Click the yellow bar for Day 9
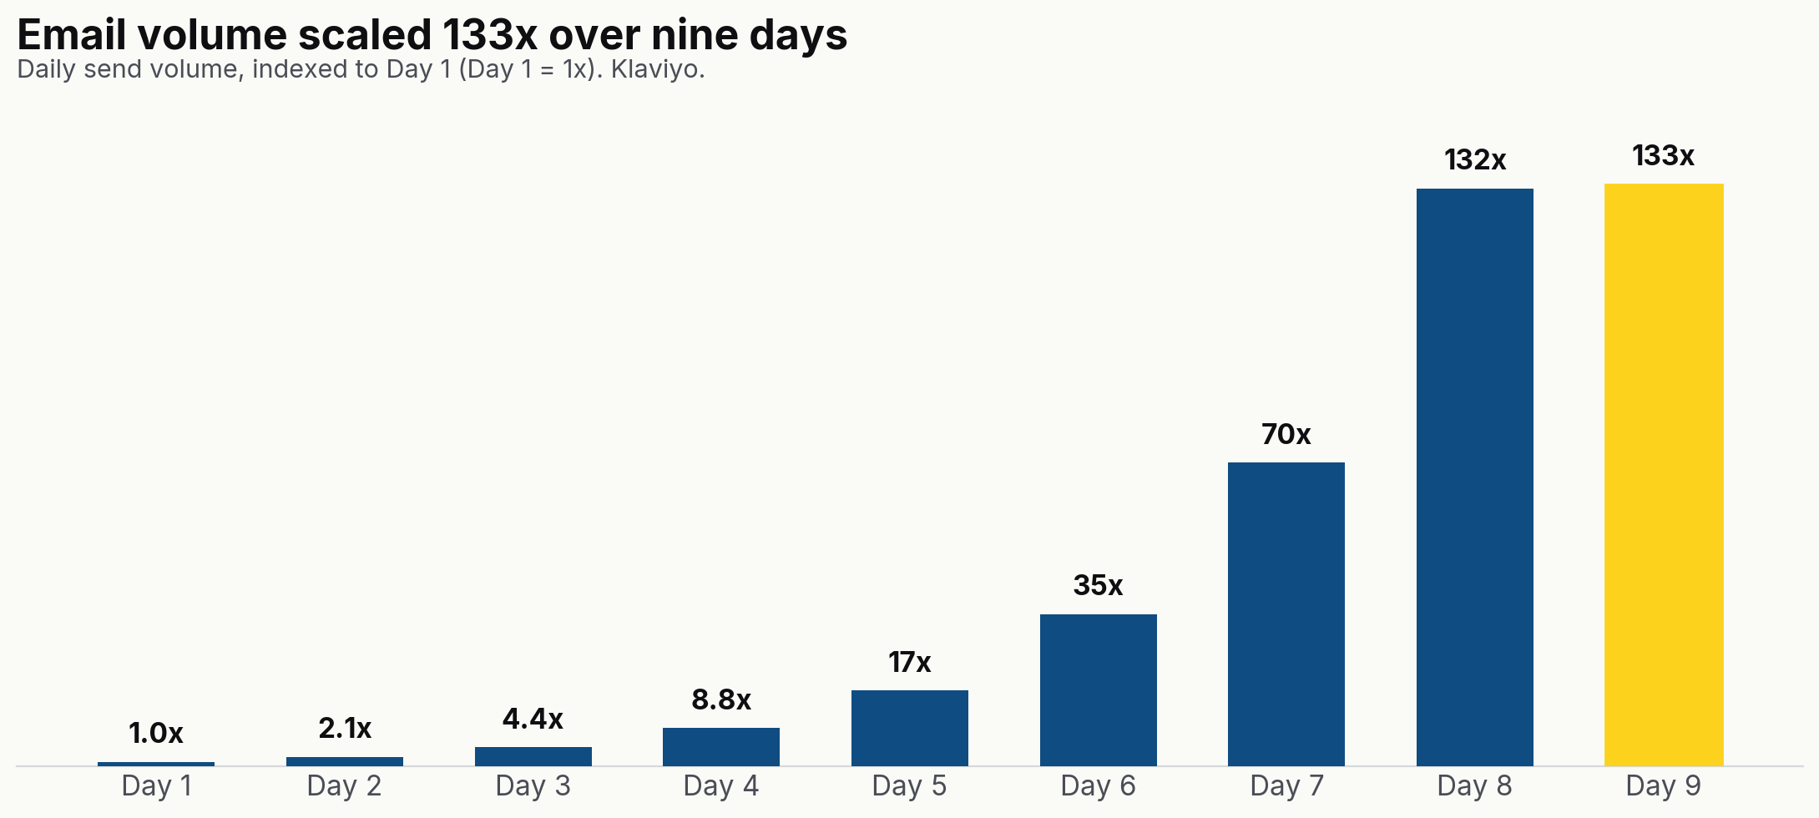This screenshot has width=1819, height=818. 1663,474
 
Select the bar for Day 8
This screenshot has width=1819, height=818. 1474,477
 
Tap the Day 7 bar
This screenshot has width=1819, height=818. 1286,613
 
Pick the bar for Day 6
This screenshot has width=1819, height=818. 1098,689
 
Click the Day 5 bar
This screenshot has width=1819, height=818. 909,728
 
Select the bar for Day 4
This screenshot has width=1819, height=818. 720,746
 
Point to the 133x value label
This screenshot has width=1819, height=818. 1663,155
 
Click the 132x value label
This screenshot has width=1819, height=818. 1474,159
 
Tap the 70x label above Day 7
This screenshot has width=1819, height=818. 1286,434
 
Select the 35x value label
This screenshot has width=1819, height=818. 1098,585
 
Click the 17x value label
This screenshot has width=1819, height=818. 909,662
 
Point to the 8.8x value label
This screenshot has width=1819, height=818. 721,699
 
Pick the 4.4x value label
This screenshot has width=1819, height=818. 533,719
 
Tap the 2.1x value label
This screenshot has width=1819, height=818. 345,729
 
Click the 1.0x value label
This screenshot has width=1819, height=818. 156,734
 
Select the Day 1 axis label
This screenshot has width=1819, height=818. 156,786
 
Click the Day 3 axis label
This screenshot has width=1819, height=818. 533,786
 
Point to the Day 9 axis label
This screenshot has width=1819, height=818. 1663,786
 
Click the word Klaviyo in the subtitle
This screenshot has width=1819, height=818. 658,69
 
